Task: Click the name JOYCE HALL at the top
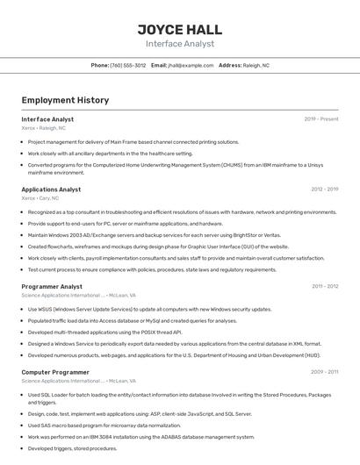click(179, 26)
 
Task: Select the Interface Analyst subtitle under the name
click(179, 43)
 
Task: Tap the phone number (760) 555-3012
click(128, 65)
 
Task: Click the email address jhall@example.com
click(191, 65)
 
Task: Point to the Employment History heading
click(65, 101)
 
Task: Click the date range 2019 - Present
click(321, 118)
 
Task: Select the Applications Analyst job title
click(51, 190)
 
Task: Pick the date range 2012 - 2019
click(324, 190)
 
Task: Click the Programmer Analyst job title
click(52, 286)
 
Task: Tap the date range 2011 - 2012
click(325, 286)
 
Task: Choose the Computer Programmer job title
click(55, 372)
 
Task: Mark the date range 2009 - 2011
click(324, 372)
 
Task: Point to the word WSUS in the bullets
click(47, 309)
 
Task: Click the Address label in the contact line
click(230, 65)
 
